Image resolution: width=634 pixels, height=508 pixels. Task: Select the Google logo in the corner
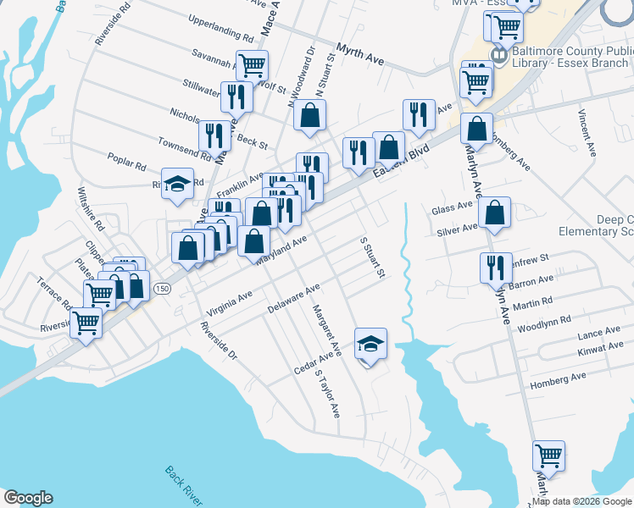click(x=27, y=498)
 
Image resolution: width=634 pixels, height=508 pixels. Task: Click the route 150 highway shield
click(x=161, y=290)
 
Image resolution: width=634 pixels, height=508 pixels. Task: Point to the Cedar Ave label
click(x=311, y=363)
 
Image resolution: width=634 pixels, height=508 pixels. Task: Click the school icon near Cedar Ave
click(x=370, y=343)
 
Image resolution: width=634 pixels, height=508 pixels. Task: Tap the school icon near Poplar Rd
click(x=177, y=184)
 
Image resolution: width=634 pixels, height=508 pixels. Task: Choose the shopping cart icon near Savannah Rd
click(x=252, y=64)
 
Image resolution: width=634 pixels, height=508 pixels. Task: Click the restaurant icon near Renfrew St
click(x=496, y=268)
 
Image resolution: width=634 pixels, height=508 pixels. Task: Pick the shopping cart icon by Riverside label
click(x=86, y=322)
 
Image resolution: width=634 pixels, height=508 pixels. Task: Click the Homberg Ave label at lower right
click(x=557, y=380)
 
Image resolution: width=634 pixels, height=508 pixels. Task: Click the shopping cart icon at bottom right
click(x=548, y=456)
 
